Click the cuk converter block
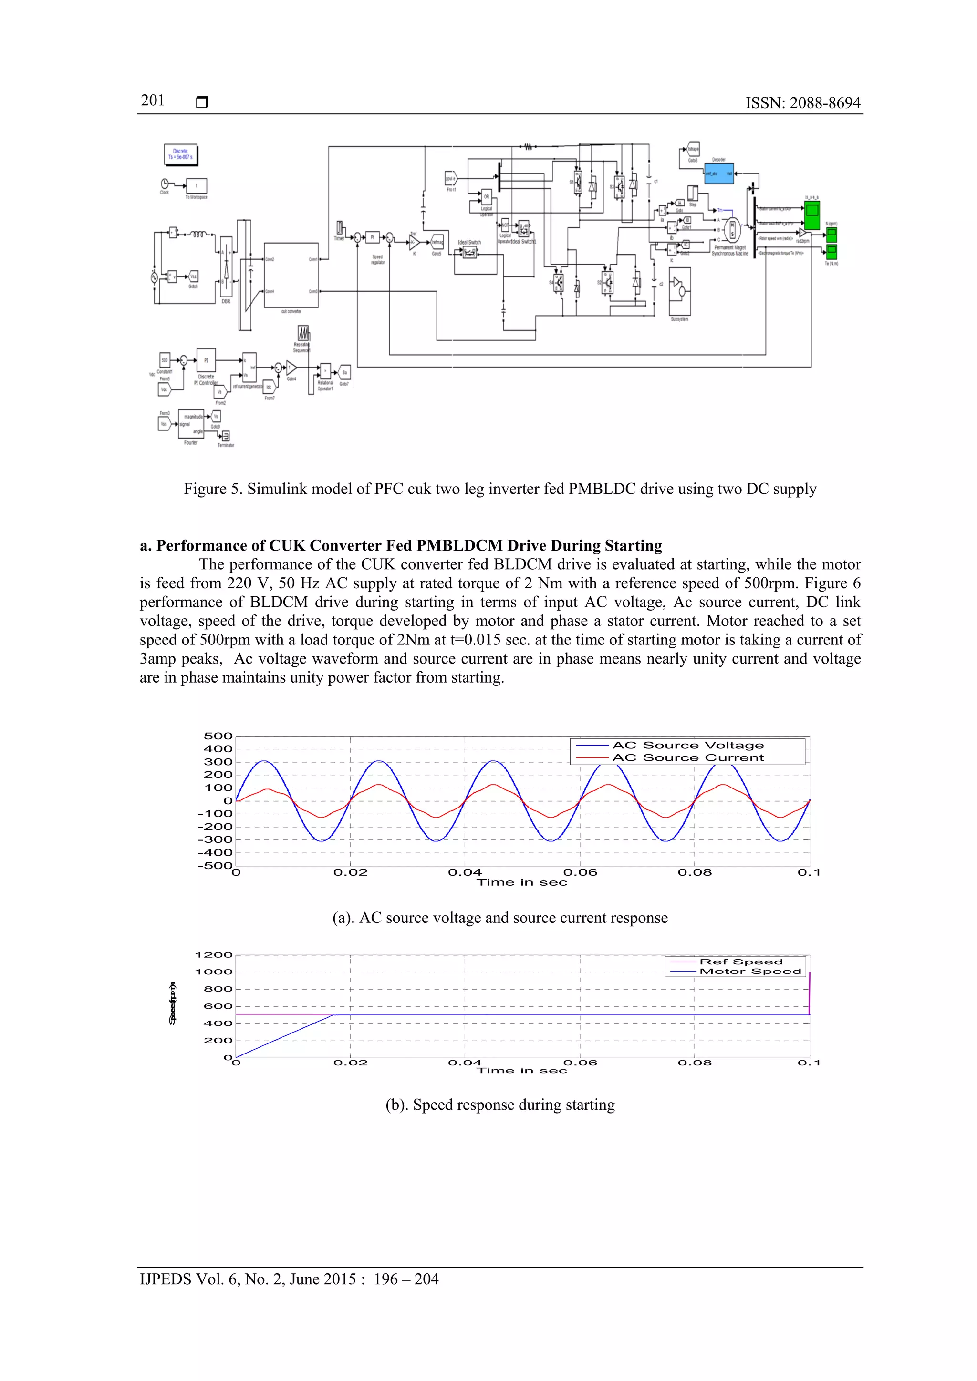291,276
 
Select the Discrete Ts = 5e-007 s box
181,154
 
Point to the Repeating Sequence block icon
303,334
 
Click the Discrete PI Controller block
206,361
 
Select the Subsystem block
680,291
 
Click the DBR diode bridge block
226,266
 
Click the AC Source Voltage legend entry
687,745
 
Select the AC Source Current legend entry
687,758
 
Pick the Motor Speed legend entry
750,972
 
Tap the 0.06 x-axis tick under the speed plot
580,1063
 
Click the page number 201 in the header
152,101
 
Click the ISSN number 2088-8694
825,103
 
